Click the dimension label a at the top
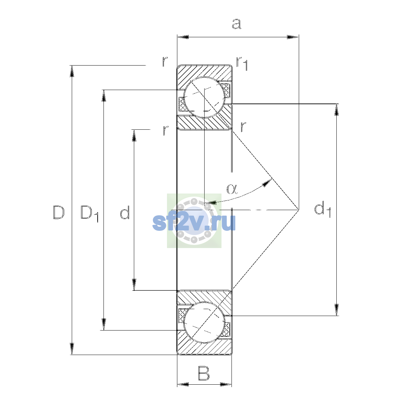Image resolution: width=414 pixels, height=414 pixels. pyautogui.click(x=237, y=24)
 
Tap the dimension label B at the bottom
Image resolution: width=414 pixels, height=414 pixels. pyautogui.click(x=204, y=374)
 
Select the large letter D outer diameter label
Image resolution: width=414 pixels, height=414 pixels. pyautogui.click(x=59, y=213)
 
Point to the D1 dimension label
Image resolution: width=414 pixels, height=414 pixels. pyautogui.click(x=89, y=214)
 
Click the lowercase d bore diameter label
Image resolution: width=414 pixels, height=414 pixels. pyautogui.click(x=125, y=212)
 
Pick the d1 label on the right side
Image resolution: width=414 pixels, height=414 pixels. pyautogui.click(x=322, y=209)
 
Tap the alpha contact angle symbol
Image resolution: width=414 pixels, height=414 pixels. pyautogui.click(x=232, y=189)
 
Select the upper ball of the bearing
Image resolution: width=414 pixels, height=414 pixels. pyautogui.click(x=204, y=97)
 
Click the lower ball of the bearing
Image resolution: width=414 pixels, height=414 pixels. pyautogui.click(x=204, y=322)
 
